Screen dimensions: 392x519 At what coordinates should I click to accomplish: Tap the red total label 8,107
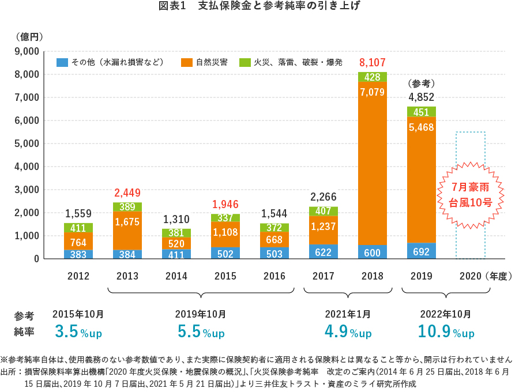coord(372,62)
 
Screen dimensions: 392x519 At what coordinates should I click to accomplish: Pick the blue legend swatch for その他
coord(62,62)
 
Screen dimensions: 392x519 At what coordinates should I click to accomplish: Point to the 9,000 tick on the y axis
coord(27,51)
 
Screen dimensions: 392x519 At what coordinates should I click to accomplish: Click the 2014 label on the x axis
coord(176,276)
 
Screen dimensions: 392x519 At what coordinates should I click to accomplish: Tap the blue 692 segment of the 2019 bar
coord(421,251)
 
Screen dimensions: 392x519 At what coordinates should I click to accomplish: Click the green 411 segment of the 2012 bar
coord(78,228)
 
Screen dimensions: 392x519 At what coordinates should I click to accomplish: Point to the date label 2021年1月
coord(348,314)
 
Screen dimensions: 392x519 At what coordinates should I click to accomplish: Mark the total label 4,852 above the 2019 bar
coord(421,97)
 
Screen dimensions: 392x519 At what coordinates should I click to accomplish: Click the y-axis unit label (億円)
coord(30,36)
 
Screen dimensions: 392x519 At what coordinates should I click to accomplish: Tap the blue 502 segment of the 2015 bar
coord(225,253)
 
